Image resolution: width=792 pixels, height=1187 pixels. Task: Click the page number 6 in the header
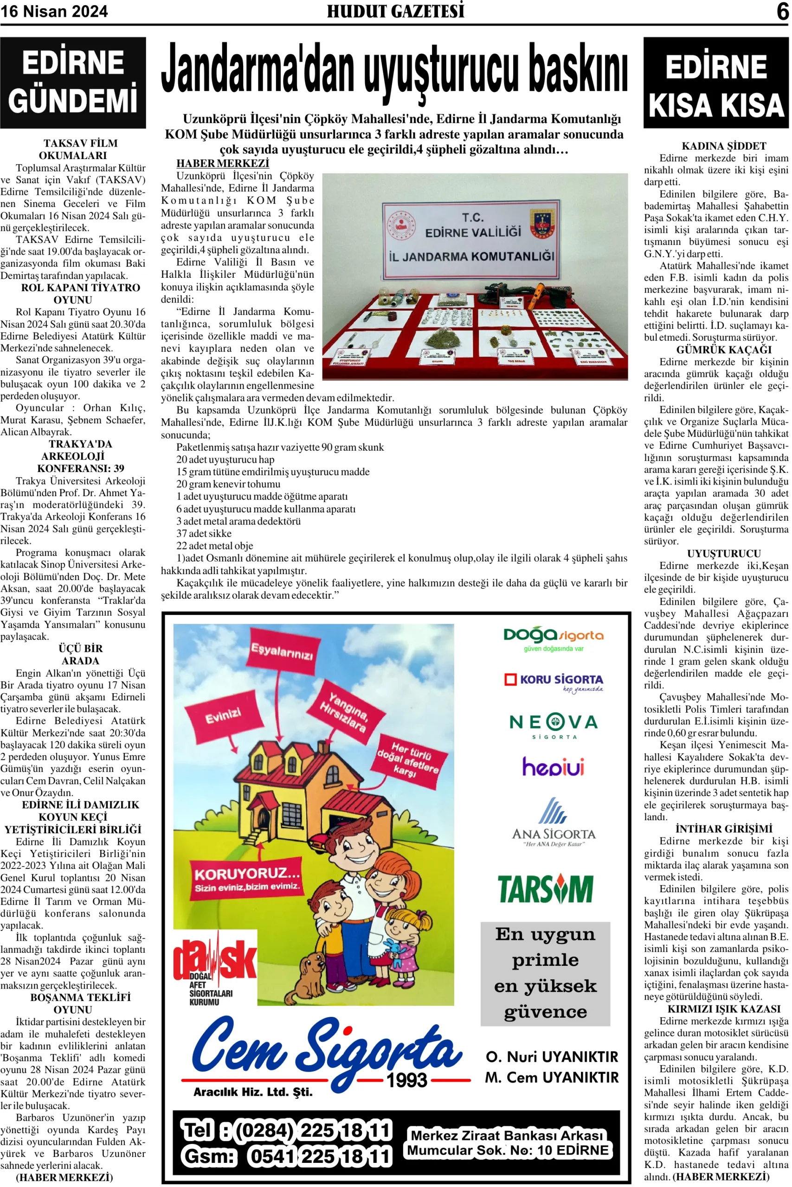[x=782, y=11]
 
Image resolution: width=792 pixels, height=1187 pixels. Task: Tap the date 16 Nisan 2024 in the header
[x=54, y=12]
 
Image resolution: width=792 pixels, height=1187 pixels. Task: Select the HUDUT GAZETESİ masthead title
[x=395, y=11]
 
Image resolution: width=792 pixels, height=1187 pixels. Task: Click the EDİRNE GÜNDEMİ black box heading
[x=73, y=82]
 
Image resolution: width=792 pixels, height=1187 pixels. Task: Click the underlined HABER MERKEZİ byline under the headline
[x=222, y=163]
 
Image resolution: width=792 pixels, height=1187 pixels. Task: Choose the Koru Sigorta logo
[x=553, y=681]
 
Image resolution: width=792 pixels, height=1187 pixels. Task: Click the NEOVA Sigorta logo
[x=553, y=725]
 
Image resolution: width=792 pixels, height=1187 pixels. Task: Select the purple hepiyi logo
[x=553, y=766]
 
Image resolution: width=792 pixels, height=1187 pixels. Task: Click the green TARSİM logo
[x=546, y=889]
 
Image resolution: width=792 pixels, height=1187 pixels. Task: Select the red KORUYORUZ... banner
[x=247, y=879]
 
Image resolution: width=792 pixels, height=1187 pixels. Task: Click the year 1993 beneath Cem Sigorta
[x=406, y=1080]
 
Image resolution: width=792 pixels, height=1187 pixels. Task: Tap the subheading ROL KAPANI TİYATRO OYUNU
[x=80, y=294]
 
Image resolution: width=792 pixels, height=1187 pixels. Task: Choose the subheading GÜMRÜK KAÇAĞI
[x=724, y=350]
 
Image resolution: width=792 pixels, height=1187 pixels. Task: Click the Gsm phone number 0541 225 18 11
[x=319, y=1156]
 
